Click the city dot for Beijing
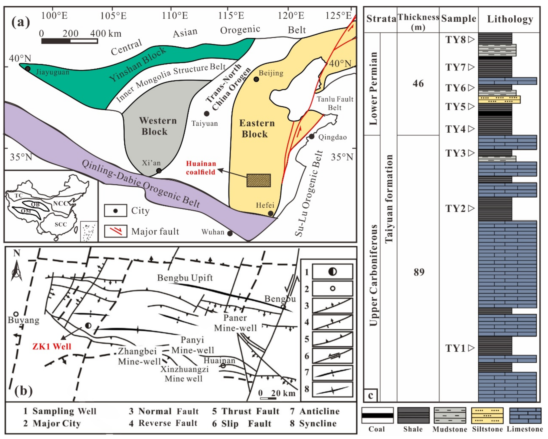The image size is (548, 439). [x=256, y=79]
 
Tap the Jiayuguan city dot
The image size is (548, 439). [x=28, y=69]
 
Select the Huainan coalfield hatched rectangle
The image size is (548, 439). [x=259, y=181]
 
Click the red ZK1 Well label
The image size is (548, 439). [x=52, y=346]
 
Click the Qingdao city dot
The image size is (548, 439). [x=312, y=137]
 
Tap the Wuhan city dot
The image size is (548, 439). [x=230, y=233]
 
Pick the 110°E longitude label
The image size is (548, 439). [x=175, y=16]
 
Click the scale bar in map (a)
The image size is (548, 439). [x=69, y=41]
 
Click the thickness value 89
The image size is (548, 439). [x=419, y=272]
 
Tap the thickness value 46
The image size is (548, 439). [x=418, y=83]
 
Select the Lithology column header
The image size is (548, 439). [x=510, y=19]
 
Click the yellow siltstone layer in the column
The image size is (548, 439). [x=499, y=99]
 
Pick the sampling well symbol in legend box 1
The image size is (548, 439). [x=332, y=272]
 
